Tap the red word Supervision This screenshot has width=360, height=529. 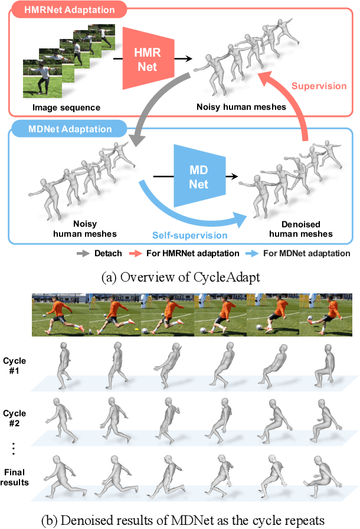(319, 86)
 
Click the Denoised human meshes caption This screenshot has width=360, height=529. (300, 230)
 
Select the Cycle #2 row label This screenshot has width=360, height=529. (15, 417)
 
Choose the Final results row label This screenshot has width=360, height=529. (15, 476)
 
